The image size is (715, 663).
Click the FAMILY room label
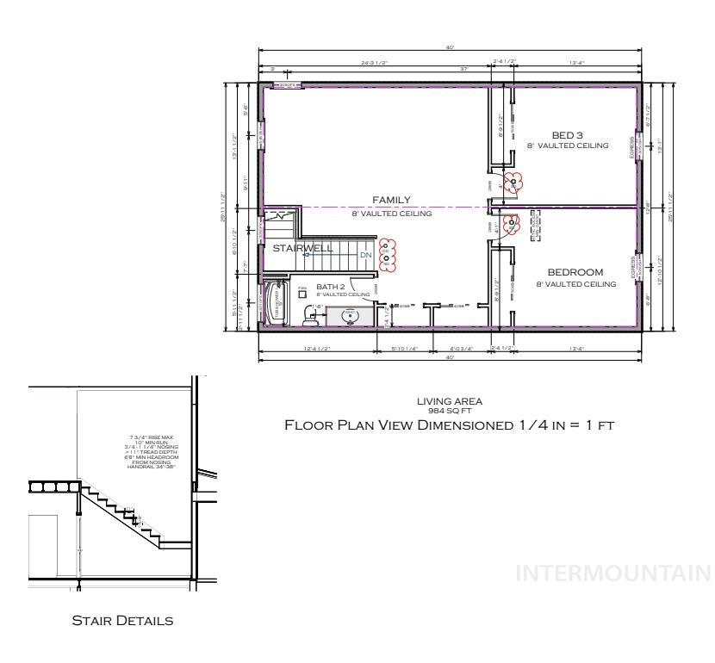[391, 200]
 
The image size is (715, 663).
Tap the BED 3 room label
[568, 134]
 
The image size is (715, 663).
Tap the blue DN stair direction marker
[365, 255]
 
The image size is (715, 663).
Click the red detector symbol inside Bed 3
[513, 182]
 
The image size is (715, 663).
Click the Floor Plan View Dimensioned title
[449, 425]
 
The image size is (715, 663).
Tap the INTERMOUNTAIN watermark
[613, 573]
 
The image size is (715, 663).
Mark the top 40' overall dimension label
[450, 47]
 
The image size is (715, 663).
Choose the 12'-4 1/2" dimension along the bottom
[317, 348]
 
